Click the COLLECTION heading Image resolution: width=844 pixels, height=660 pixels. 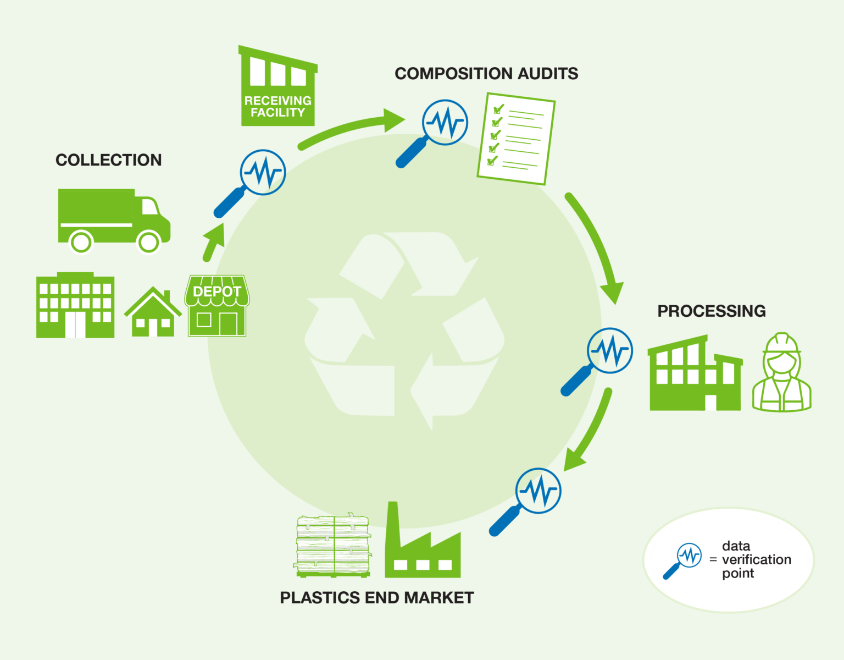point(108,160)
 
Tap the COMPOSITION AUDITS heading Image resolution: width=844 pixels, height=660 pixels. point(486,74)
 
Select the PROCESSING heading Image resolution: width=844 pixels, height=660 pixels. point(711,311)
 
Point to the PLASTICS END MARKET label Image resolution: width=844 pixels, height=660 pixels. point(376,598)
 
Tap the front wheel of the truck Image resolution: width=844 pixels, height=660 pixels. point(148,241)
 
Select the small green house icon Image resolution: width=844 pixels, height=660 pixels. point(153,313)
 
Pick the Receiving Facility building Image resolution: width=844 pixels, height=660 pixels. point(277,88)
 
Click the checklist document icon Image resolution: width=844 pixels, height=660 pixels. point(516,139)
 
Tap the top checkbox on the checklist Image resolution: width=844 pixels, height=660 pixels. point(498,109)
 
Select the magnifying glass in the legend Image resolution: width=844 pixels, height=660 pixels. point(683,560)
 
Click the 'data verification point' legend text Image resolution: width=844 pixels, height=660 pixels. point(756,560)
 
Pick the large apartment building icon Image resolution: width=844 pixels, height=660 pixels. point(75,306)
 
